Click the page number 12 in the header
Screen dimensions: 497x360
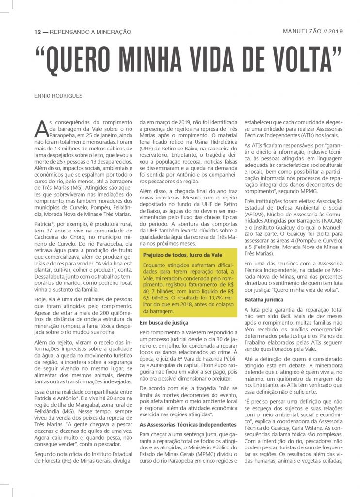point(37,32)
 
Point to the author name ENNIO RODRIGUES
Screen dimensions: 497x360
point(58,95)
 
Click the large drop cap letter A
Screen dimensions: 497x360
point(42,127)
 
